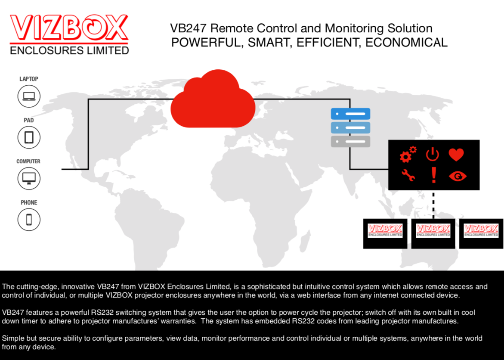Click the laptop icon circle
[29, 96]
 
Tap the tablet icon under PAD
[29, 137]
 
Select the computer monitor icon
[29, 178]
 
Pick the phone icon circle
[29, 220]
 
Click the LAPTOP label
[29, 79]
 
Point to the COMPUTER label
[28, 161]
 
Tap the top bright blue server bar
[350, 114]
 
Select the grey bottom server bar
[350, 142]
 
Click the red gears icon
[408, 155]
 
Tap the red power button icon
[433, 154]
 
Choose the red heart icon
[456, 155]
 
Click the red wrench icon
[408, 176]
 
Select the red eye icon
[458, 176]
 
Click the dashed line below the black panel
[433, 205]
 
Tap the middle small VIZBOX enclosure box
[433, 233]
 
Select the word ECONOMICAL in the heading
[406, 43]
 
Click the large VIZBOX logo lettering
[69, 28]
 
